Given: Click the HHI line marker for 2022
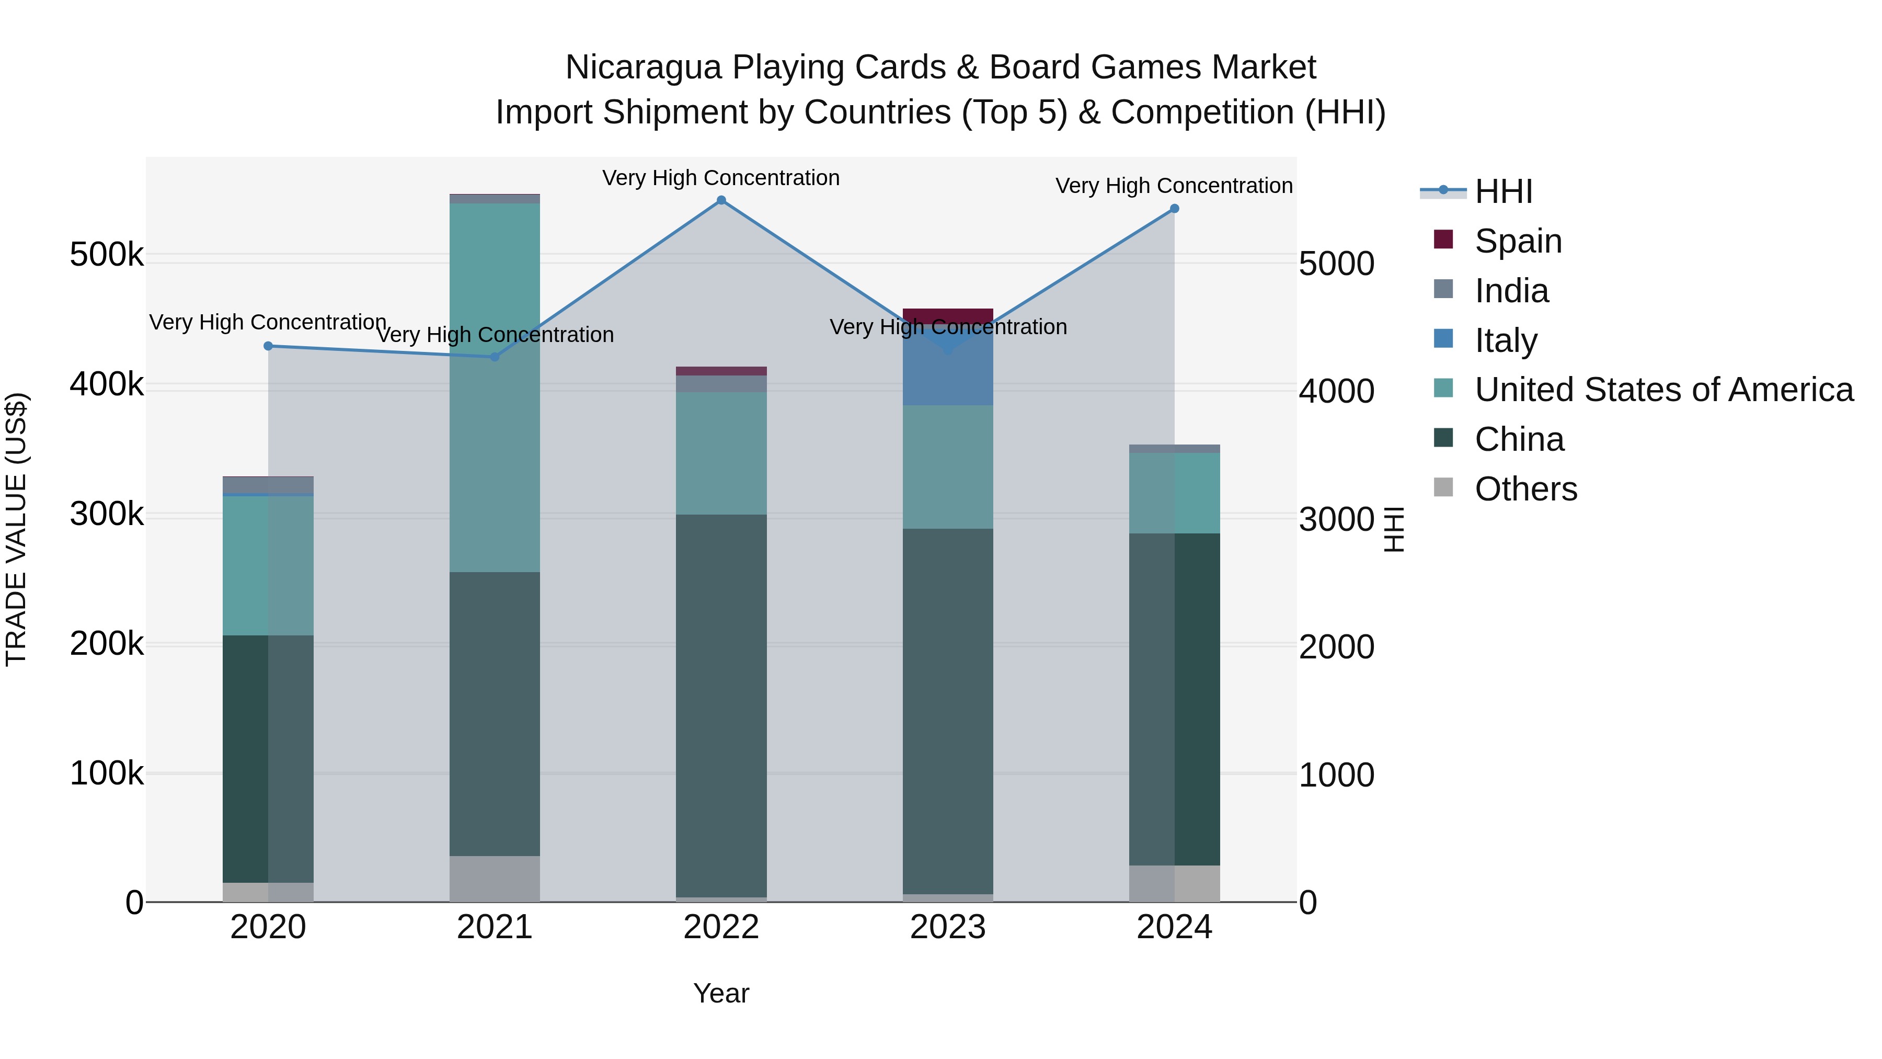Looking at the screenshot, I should (721, 200).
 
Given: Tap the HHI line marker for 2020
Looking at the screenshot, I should (268, 346).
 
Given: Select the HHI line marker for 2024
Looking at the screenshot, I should (1174, 208).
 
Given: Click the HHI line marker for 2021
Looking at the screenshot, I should (495, 357).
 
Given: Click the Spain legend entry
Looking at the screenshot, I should (1518, 241).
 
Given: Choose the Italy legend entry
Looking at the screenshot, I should (1505, 340).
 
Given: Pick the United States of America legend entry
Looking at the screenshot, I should (1663, 390).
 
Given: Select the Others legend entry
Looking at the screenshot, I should (1525, 489).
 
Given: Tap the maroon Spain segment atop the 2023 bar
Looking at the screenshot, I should (948, 315).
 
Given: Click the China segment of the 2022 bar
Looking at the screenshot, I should (721, 705).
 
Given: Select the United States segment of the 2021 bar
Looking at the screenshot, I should (495, 388).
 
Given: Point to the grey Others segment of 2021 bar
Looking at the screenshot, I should (495, 879).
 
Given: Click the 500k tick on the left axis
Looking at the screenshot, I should (107, 255).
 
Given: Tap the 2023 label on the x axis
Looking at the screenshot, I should (948, 927).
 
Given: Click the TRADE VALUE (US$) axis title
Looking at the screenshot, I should (16, 529).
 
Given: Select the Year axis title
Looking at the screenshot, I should (721, 993).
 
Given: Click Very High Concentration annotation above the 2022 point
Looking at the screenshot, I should (721, 178).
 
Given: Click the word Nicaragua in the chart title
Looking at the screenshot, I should (644, 67).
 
